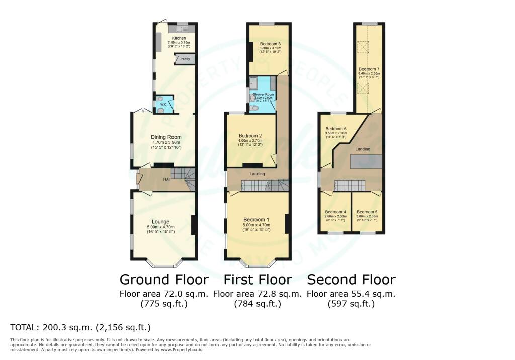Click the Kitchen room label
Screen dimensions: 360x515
[179, 38]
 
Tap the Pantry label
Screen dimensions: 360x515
[185, 59]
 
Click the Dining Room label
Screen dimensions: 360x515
[166, 137]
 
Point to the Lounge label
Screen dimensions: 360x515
[161, 221]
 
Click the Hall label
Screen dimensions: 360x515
[166, 179]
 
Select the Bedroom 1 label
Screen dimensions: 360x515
[256, 220]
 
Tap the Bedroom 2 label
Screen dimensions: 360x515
[250, 136]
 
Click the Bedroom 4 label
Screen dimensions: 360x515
[335, 212]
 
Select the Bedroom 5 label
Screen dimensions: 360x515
[367, 212]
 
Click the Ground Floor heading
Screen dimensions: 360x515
[163, 279]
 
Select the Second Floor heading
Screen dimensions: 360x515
[351, 279]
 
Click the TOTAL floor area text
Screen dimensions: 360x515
[81, 328]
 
